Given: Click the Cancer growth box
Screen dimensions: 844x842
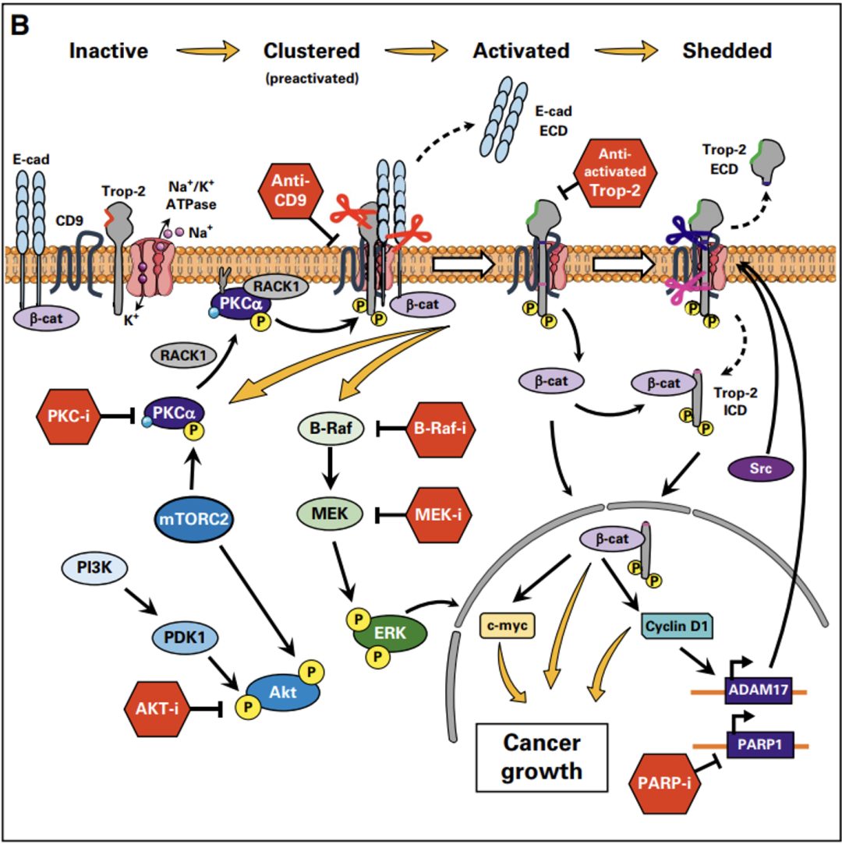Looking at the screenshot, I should [542, 756].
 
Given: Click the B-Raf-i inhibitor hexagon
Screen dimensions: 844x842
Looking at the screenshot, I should [444, 428].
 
